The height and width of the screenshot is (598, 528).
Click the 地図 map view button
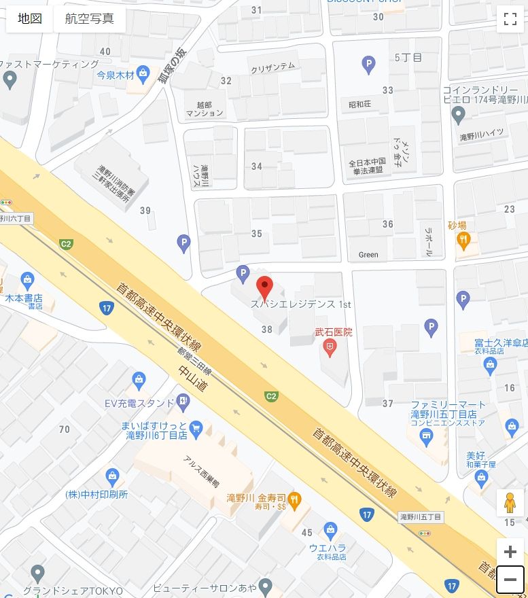30,18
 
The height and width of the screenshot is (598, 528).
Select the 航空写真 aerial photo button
90,18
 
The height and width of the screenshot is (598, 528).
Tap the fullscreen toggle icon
510,19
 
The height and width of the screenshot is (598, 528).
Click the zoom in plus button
510,552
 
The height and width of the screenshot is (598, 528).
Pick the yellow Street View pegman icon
510,504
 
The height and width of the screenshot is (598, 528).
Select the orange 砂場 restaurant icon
463,239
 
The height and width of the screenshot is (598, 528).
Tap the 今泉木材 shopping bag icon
143,73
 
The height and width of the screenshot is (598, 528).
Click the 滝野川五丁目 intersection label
421,518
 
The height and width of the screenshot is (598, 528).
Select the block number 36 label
388,224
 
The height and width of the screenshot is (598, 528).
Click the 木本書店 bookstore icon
27,279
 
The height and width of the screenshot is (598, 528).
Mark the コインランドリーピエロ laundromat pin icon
458,113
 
